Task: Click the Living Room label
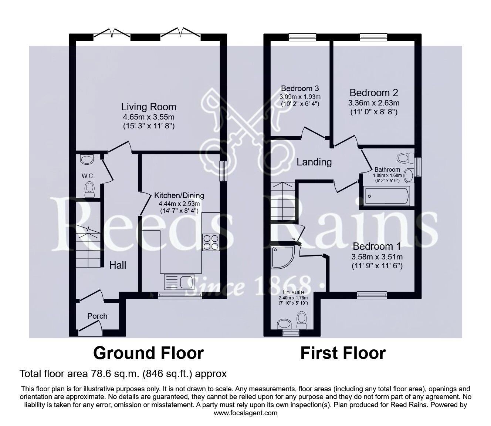(x=149, y=107)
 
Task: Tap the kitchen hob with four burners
(x=211, y=243)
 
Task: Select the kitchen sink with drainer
(x=179, y=282)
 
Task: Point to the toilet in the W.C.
(x=89, y=189)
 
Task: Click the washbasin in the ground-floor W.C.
(x=87, y=160)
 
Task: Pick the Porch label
(x=97, y=316)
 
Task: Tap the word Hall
(x=118, y=265)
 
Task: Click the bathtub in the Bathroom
(x=387, y=196)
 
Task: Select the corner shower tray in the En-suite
(x=283, y=257)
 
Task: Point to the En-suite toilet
(x=302, y=320)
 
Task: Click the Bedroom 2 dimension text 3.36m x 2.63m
(x=374, y=103)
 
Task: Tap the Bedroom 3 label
(x=300, y=88)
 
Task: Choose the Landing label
(x=314, y=162)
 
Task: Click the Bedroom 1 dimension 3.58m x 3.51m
(x=377, y=257)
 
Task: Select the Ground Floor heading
(x=149, y=353)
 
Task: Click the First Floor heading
(x=343, y=353)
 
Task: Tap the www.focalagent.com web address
(x=245, y=413)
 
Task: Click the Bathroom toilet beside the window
(x=406, y=158)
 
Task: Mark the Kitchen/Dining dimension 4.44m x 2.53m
(x=179, y=204)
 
